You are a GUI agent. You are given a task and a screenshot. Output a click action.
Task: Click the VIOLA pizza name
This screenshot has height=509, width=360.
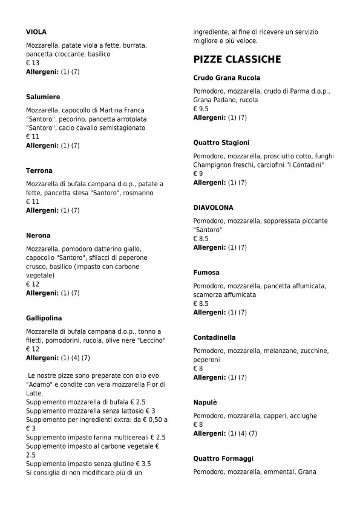tap(36, 31)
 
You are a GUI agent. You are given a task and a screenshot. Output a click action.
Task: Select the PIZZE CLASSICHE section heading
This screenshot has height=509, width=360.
tap(237, 59)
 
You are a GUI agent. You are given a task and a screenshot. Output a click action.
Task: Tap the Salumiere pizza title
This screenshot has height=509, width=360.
tap(43, 97)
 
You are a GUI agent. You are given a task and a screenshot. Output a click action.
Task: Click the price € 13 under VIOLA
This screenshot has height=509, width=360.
tap(33, 63)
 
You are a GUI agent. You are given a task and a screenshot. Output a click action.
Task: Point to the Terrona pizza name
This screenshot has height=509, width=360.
tap(39, 170)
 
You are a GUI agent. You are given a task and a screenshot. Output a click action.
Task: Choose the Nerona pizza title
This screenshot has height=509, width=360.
tap(38, 235)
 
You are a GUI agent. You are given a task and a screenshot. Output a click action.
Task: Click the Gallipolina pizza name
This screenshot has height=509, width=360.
tap(44, 318)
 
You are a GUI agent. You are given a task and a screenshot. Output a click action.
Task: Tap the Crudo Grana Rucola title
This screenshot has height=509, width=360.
tap(226, 78)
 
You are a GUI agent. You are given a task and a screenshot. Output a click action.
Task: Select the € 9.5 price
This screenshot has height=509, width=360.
tap(201, 109)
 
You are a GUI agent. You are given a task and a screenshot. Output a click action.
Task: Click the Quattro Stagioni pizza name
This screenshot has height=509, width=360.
tap(221, 143)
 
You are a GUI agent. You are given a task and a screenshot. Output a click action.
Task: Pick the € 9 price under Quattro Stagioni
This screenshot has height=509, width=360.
tap(198, 173)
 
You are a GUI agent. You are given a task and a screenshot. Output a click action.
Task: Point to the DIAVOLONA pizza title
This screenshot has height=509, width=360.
tap(213, 207)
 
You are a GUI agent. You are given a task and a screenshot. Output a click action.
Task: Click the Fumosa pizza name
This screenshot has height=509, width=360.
tap(206, 273)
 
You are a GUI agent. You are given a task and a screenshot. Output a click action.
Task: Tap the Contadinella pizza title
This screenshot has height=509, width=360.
tap(214, 337)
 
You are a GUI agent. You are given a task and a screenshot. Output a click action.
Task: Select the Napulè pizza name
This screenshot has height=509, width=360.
tap(205, 402)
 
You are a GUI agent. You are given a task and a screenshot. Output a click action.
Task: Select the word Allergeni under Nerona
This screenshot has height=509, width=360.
tap(42, 293)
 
